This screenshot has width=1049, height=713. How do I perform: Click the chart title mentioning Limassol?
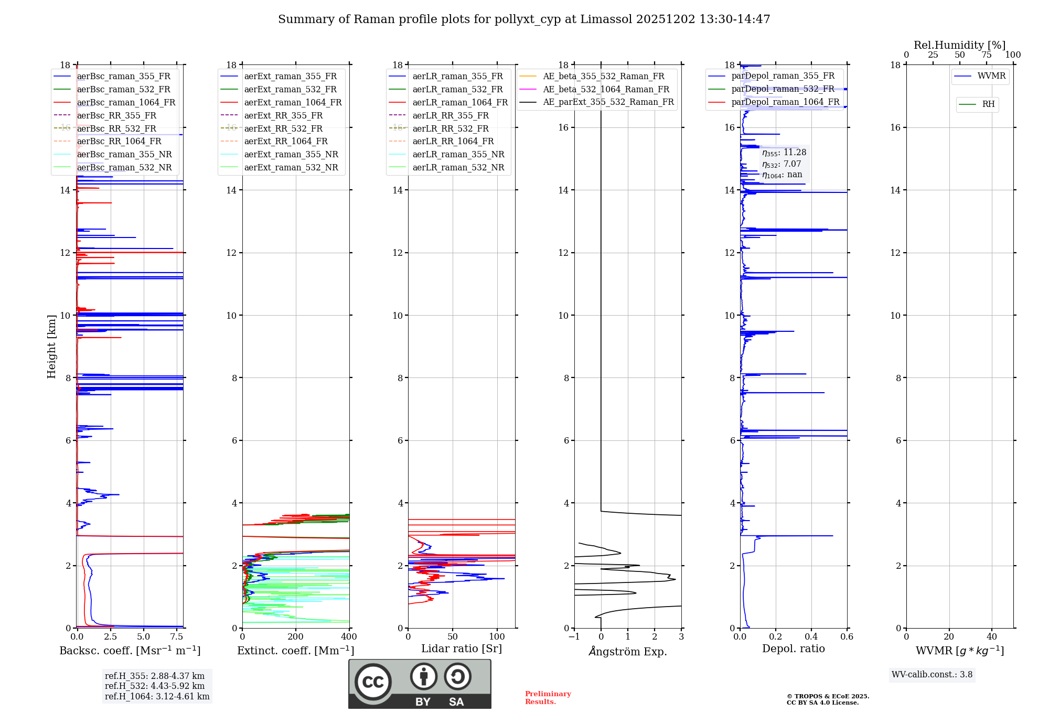pos(524,19)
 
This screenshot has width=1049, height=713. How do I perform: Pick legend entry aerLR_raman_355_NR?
pos(458,154)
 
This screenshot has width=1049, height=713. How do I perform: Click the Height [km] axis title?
pos(51,346)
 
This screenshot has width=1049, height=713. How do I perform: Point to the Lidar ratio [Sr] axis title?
pos(462,649)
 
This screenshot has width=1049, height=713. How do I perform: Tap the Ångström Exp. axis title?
pos(628,652)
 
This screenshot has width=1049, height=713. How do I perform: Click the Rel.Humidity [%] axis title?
pos(959,45)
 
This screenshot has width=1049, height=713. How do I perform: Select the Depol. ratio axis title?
pos(793,649)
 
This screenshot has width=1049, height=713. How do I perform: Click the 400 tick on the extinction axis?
pos(349,637)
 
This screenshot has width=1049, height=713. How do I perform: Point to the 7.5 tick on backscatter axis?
pos(177,637)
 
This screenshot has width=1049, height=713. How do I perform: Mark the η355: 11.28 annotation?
pos(784,153)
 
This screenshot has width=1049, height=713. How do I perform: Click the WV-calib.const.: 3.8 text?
pos(932,675)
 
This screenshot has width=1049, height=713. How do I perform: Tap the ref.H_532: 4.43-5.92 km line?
pos(155,686)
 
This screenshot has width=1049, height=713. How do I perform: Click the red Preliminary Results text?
pos(548,698)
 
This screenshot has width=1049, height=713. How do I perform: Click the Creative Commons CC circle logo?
pos(373,682)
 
